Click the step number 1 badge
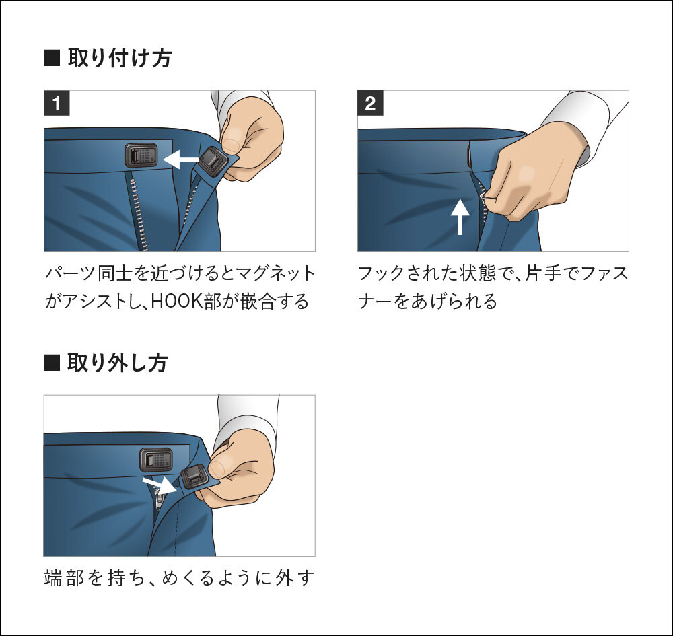coord(57,104)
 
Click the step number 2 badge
coord(370,104)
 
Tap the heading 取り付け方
coord(119,59)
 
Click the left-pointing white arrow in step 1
coord(181,160)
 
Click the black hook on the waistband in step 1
coord(141,156)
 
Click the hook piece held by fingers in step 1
coord(214,161)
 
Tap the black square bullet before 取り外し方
coord(52,363)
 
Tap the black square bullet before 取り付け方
coord(52,59)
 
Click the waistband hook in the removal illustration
coord(157,460)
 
